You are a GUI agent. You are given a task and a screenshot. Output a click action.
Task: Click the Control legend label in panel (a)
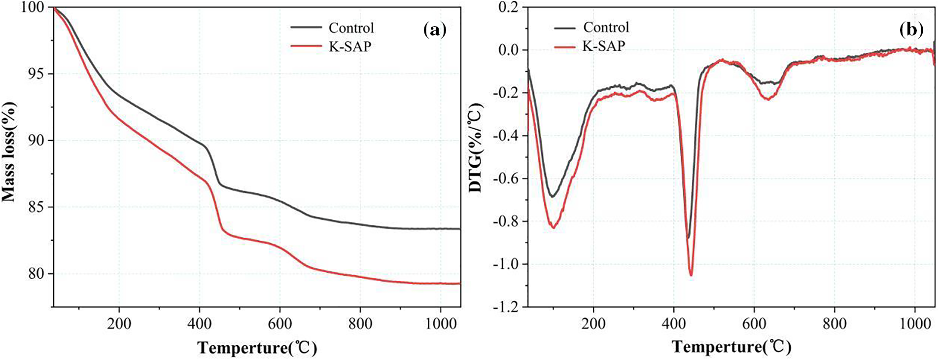point(351,28)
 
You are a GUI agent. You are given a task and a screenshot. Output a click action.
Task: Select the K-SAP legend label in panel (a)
point(350,47)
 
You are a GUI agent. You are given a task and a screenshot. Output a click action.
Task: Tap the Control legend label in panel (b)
point(606,27)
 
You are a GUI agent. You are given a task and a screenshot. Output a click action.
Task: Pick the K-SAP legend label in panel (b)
point(603,46)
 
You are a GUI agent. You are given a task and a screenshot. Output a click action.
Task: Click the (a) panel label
point(434,30)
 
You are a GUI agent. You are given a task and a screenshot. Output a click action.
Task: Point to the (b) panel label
point(911,30)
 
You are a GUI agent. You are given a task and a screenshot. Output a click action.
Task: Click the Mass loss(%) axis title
point(9,152)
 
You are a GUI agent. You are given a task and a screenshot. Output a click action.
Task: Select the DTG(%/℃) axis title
point(476,148)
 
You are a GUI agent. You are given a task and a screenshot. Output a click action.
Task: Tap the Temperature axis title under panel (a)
point(257,348)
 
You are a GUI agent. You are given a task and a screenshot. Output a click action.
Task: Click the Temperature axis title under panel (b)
point(731,347)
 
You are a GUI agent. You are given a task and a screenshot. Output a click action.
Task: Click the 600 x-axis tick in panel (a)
point(279,324)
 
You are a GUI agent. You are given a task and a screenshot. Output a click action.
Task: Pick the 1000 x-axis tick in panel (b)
point(915,324)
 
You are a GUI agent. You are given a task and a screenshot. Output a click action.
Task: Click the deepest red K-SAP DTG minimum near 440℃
point(691,275)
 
